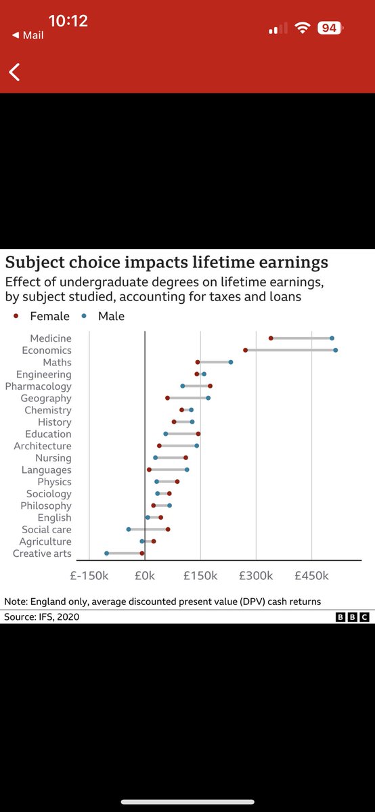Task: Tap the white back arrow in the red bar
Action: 14,72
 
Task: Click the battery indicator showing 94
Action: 330,28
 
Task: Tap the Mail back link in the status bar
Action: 28,35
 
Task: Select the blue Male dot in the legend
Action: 84,316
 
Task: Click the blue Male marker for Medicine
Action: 332,338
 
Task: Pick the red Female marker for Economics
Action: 246,350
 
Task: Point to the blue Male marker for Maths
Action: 231,362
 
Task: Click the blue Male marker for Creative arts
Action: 106,554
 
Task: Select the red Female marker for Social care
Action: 168,529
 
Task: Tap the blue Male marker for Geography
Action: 208,398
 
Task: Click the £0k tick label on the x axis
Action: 145,575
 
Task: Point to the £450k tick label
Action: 311,575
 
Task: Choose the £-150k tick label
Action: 90,575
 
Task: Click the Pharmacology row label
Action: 38,386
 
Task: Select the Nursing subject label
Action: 53,458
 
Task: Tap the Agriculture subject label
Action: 45,541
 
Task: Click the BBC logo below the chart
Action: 352,617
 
